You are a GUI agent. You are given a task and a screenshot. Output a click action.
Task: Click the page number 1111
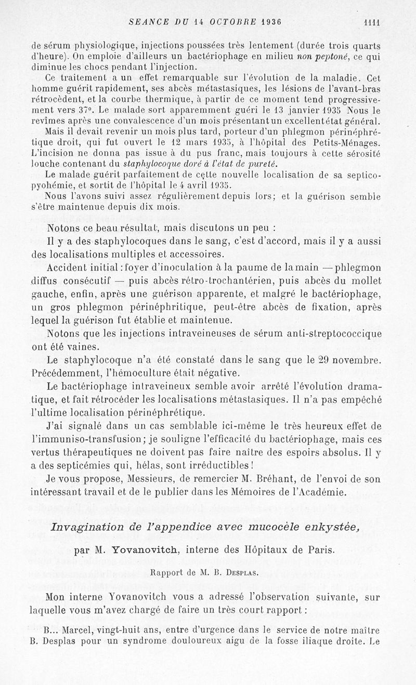(372, 22)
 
